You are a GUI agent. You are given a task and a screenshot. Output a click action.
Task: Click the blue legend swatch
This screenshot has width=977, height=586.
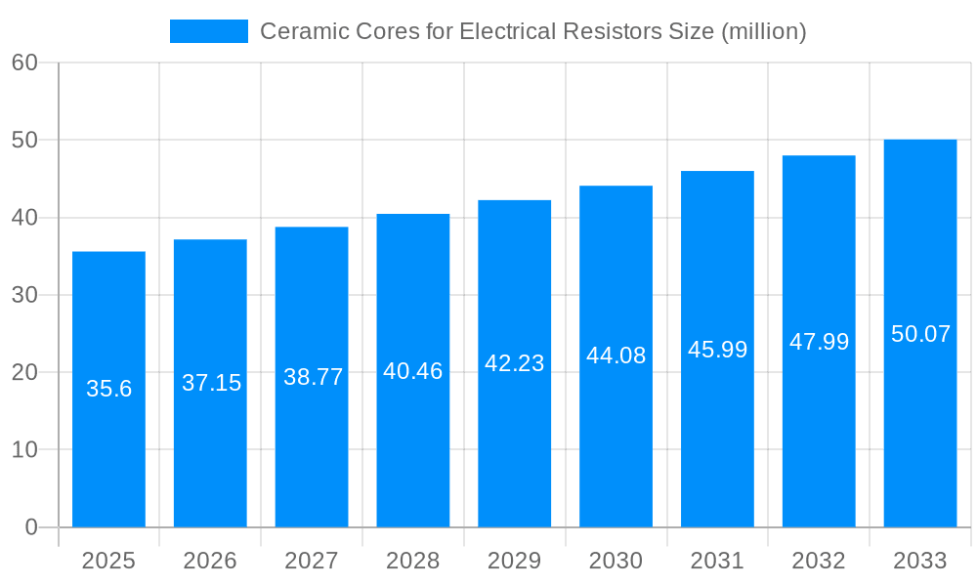click(209, 31)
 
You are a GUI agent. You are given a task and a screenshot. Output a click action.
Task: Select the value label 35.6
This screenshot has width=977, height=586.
click(108, 389)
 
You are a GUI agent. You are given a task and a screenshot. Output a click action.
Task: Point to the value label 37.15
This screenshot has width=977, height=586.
click(211, 383)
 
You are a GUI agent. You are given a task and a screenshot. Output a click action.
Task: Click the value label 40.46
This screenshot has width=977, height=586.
click(413, 371)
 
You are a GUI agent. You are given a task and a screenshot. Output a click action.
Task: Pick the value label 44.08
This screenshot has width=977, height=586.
click(616, 356)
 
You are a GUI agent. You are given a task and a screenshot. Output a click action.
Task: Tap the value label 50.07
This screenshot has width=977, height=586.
click(920, 334)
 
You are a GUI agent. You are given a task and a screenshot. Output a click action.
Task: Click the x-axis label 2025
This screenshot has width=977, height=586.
click(108, 561)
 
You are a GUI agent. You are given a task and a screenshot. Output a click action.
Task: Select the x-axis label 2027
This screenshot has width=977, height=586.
click(312, 561)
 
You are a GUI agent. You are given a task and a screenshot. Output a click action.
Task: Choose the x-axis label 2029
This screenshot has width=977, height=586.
click(514, 561)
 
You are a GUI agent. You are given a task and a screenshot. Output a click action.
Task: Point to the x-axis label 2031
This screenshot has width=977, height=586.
click(717, 561)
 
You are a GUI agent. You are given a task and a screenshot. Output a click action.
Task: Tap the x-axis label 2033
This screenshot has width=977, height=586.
click(920, 561)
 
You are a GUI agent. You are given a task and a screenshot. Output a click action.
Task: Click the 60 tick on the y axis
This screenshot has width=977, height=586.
click(24, 63)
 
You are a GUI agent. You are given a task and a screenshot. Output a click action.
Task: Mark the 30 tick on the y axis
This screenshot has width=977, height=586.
click(24, 295)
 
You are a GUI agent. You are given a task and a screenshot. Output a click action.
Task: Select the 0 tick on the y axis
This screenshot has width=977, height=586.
click(30, 527)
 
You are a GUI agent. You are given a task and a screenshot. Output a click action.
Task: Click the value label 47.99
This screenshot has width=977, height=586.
click(819, 342)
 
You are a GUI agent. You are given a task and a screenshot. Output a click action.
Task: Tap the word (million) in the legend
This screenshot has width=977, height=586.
click(763, 31)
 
